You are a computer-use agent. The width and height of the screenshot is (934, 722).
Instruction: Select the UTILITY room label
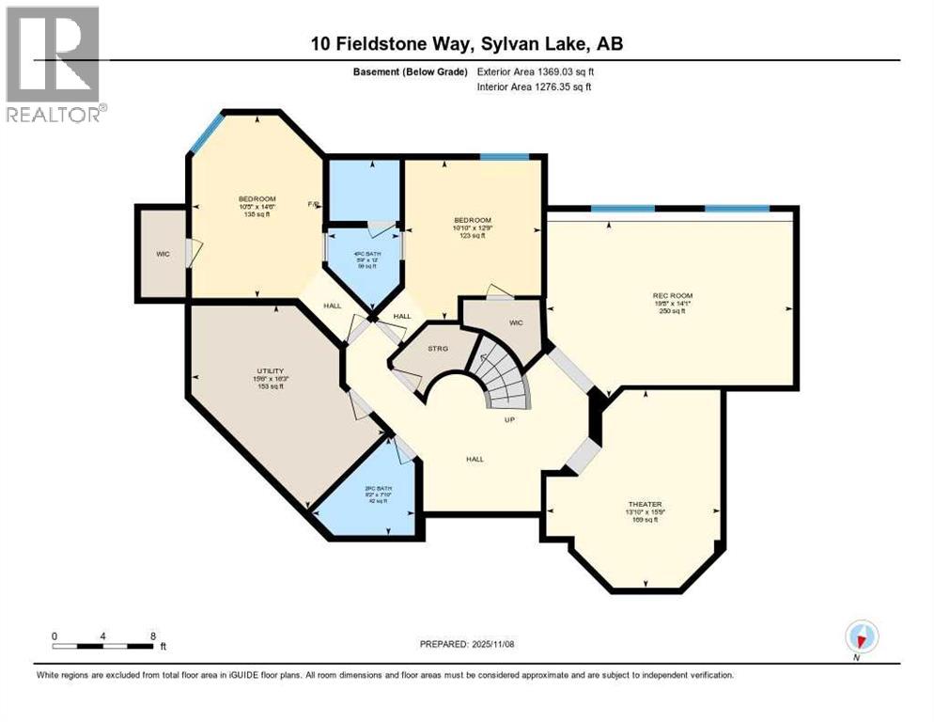pyautogui.click(x=271, y=371)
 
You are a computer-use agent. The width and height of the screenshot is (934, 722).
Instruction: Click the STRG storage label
pyautogui.click(x=438, y=349)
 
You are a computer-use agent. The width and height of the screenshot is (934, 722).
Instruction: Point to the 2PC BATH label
pyautogui.click(x=377, y=489)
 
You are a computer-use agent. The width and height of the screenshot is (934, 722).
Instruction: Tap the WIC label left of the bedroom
pyautogui.click(x=162, y=255)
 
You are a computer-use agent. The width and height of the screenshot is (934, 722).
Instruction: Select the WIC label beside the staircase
pyautogui.click(x=515, y=322)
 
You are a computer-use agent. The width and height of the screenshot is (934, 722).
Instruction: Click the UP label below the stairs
pyautogui.click(x=509, y=419)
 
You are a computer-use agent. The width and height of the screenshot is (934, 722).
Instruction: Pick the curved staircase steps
pyautogui.click(x=503, y=376)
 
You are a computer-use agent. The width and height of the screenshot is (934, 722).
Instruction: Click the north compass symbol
pyautogui.click(x=861, y=637)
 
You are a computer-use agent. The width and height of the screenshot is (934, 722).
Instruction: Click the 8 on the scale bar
pyautogui.click(x=153, y=636)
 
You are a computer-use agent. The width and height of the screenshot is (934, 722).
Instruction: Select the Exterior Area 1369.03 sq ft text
pyautogui.click(x=536, y=71)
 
